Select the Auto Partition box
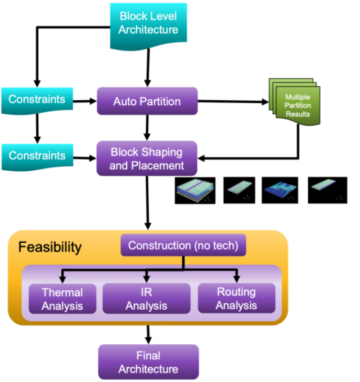point(147,101)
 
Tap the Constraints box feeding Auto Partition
point(36,100)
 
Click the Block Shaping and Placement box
point(147,158)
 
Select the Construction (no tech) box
point(183,245)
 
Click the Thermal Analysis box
point(63,299)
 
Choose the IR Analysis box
point(146,299)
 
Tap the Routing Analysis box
point(236,299)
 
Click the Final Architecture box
point(148,362)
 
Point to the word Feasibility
point(50,247)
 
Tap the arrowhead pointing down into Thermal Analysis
point(63,279)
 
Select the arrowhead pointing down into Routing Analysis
point(237,279)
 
